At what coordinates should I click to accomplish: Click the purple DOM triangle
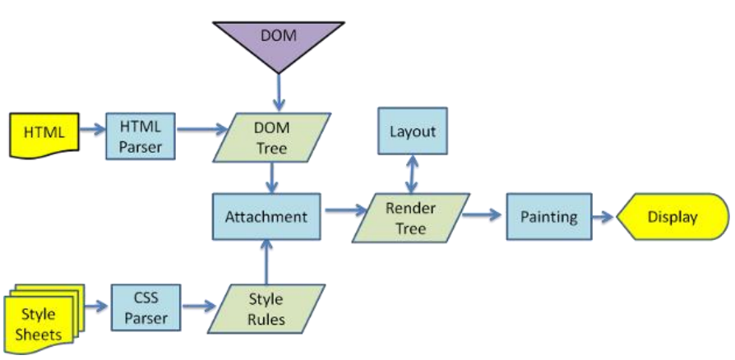(x=278, y=37)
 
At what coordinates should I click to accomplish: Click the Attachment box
(x=266, y=217)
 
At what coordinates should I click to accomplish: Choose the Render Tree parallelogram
(x=410, y=218)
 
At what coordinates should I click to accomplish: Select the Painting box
(x=548, y=217)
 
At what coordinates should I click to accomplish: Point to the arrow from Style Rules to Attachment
(x=266, y=261)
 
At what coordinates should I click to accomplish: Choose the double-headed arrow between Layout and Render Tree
(x=412, y=174)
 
